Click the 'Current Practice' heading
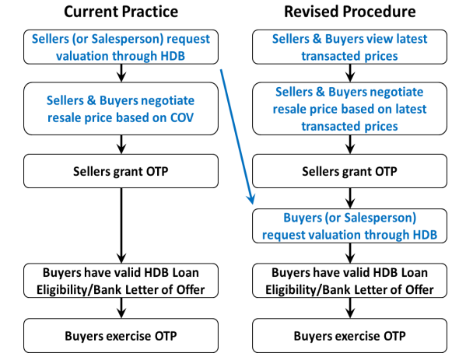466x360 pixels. click(121, 12)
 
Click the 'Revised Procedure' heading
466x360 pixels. click(350, 12)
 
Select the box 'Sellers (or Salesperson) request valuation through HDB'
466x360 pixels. click(121, 47)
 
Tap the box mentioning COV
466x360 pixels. click(121, 109)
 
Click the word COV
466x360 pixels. click(182, 117)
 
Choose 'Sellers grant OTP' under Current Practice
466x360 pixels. click(121, 171)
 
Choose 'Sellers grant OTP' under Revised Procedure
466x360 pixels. click(350, 171)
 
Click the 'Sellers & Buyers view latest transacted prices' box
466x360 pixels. click(350, 47)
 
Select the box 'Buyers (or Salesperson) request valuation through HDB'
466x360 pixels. click(350, 226)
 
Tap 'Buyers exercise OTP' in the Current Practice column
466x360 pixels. click(121, 336)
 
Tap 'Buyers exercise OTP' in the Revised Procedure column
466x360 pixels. click(350, 336)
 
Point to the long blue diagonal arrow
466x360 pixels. click(237, 137)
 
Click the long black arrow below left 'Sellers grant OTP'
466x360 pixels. click(121, 225)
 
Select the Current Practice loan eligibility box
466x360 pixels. click(121, 281)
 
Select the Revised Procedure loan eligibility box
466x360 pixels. click(350, 281)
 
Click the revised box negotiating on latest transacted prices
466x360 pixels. click(350, 109)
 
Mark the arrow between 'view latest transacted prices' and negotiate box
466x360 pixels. click(350, 73)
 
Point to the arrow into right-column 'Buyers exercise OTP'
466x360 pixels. click(350, 308)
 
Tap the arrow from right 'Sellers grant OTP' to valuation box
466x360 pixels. click(350, 198)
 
